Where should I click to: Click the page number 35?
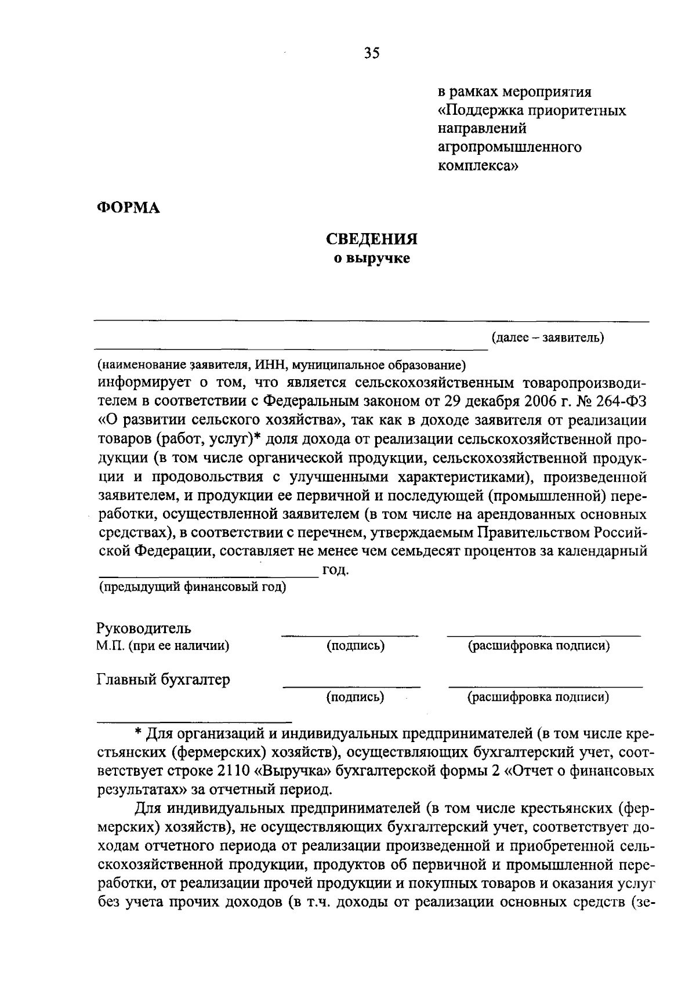tap(371, 53)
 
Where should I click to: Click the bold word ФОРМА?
tap(128, 207)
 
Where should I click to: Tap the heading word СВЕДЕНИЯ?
tap(371, 239)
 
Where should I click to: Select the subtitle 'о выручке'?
tap(371, 258)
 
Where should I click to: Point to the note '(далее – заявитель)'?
tap(548, 337)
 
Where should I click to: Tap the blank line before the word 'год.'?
tap(209, 575)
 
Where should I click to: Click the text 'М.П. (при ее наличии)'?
tap(162, 646)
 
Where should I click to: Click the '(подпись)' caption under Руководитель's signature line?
tap(356, 646)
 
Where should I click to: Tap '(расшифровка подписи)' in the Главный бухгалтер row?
tap(538, 697)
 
